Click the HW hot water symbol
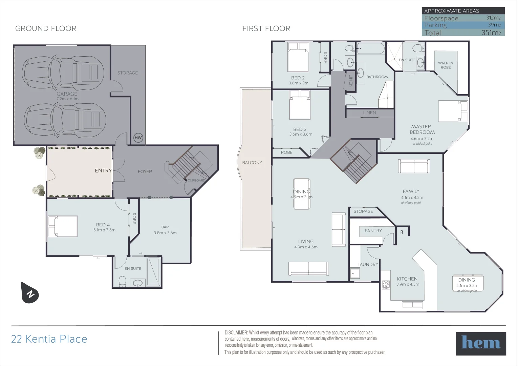click(x=138, y=138)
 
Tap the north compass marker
click(x=30, y=292)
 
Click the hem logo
click(x=481, y=343)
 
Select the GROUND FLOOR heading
click(x=46, y=28)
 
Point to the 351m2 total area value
click(x=491, y=33)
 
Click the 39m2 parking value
click(x=494, y=25)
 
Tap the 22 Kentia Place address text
click(x=49, y=339)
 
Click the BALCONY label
click(x=252, y=163)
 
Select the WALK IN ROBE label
click(x=445, y=65)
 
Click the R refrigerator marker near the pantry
click(x=402, y=232)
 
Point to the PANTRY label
click(x=373, y=230)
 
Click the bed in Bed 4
click(x=63, y=226)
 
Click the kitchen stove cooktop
click(x=385, y=285)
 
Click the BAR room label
click(x=165, y=227)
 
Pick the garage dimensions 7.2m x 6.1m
click(x=67, y=99)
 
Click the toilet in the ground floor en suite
click(x=122, y=281)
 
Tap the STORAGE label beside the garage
click(x=128, y=73)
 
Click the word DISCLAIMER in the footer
click(x=236, y=333)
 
